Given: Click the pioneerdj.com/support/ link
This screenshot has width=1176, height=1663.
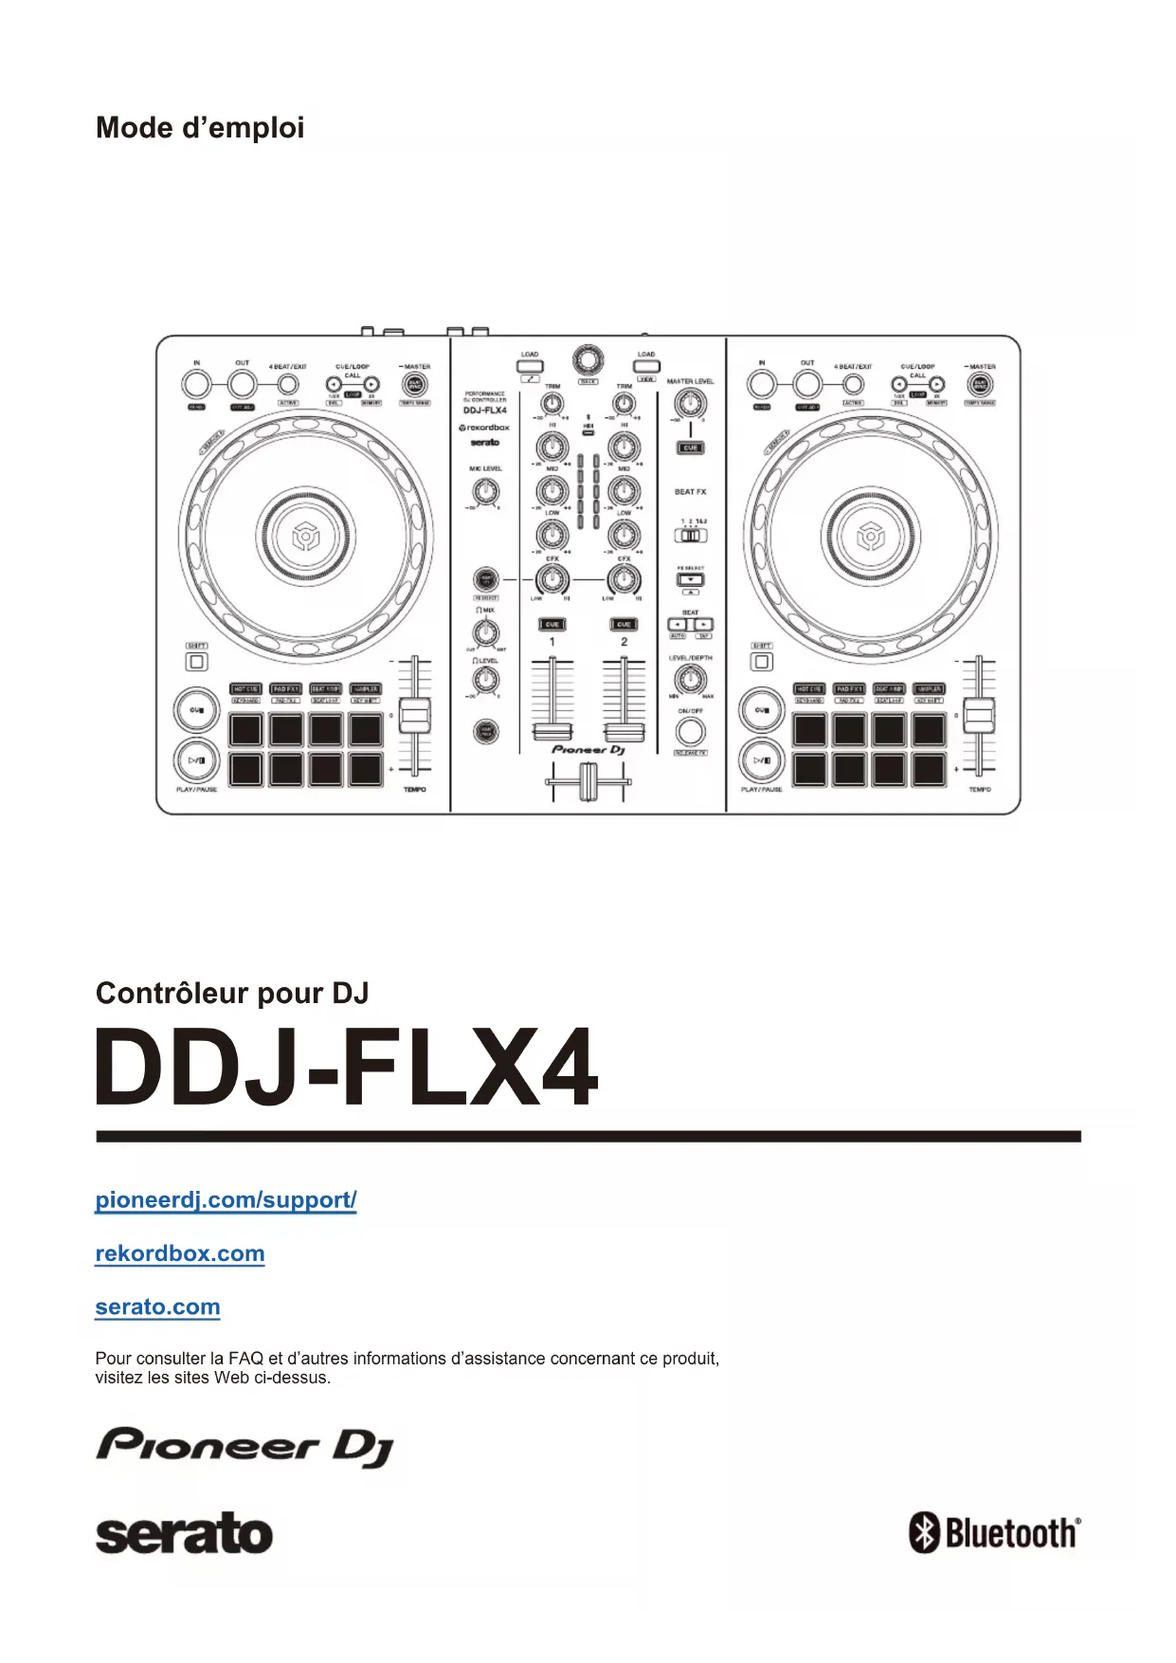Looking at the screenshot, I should tap(226, 1200).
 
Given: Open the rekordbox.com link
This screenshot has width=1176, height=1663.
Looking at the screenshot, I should tap(180, 1253).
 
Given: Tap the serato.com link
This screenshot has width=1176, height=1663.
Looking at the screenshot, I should tap(157, 1307).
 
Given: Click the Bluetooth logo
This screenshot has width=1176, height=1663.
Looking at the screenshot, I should tap(994, 1532).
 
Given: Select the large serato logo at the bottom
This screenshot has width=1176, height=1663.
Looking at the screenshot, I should tap(184, 1534).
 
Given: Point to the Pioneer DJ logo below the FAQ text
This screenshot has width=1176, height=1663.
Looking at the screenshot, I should tap(244, 1447).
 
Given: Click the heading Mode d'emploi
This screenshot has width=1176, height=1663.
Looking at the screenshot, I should tap(200, 128).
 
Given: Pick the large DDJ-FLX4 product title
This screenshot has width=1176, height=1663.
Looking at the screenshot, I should tap(347, 1068).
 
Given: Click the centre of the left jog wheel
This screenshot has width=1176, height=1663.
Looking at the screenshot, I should tap(305, 537).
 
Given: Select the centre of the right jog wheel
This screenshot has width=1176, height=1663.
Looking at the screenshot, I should tap(870, 537).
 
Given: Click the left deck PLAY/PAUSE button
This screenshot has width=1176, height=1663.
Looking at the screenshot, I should tap(197, 759).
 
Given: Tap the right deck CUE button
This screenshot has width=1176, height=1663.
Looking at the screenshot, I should tap(761, 710).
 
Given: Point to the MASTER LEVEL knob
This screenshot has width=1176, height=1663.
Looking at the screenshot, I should tap(690, 405).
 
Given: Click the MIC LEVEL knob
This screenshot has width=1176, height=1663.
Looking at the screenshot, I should tap(485, 491).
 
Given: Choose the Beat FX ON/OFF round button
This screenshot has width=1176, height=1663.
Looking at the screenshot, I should tap(690, 731).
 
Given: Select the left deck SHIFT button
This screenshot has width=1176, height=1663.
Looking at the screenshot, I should tap(196, 661).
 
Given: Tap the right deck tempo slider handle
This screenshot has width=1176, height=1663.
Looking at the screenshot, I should tap(980, 715).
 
